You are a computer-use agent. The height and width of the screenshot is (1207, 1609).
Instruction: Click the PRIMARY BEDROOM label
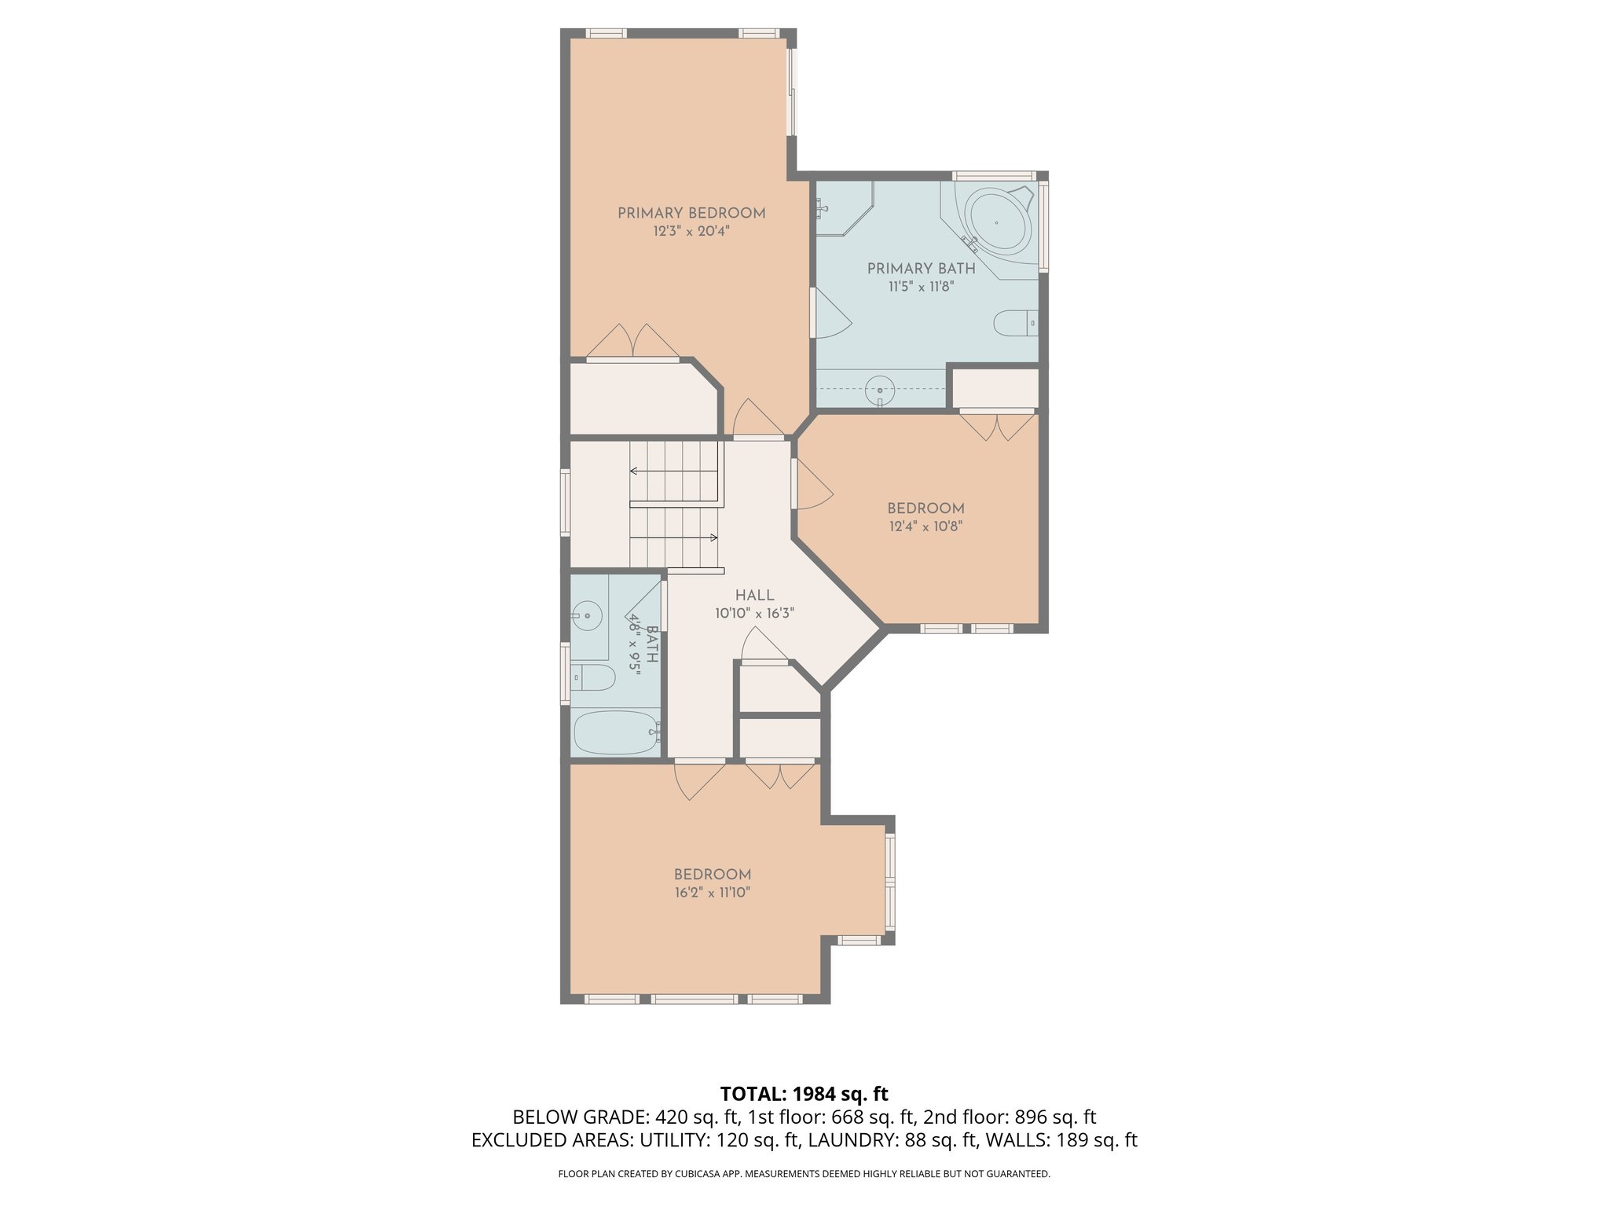(x=691, y=213)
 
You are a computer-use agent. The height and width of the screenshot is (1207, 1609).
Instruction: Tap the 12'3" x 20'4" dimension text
(x=691, y=232)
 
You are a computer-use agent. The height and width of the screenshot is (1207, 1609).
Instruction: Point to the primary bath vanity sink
(x=880, y=390)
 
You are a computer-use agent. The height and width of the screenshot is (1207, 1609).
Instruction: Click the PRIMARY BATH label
(x=921, y=268)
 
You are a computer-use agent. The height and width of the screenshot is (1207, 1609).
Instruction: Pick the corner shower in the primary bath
(x=842, y=207)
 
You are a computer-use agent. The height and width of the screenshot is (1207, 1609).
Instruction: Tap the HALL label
(x=754, y=596)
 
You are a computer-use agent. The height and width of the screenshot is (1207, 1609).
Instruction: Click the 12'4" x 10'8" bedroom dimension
(x=925, y=526)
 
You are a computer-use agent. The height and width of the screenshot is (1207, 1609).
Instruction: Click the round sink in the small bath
(x=586, y=615)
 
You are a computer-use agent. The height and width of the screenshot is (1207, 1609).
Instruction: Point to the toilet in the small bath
(x=592, y=677)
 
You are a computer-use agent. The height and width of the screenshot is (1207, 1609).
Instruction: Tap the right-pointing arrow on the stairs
(x=713, y=537)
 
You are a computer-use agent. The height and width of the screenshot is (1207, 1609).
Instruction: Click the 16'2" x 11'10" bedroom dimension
(x=712, y=893)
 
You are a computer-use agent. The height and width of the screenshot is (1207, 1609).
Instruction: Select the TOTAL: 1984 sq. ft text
(x=804, y=1094)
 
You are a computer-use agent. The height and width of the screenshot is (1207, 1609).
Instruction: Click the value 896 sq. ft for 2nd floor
(x=1055, y=1117)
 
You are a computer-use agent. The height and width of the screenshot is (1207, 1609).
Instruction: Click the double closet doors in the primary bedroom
(x=633, y=342)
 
